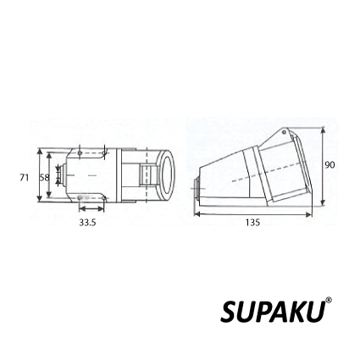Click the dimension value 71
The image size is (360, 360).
(25, 178)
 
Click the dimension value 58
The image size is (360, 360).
(45, 178)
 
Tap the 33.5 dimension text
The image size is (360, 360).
(87, 223)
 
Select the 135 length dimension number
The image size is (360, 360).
(252, 223)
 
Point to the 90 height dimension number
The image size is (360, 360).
(330, 165)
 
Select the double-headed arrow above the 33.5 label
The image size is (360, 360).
(91, 208)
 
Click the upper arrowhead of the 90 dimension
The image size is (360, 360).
(324, 131)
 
